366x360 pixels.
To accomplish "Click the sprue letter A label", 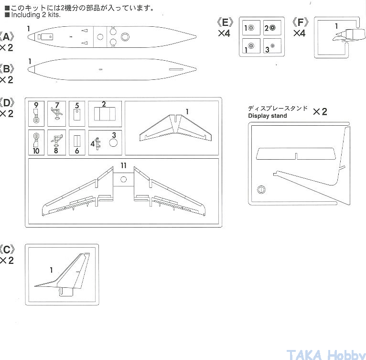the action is tap(7, 37).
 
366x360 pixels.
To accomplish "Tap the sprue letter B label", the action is tap(7, 69).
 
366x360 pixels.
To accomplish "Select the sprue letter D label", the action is tap(7, 103).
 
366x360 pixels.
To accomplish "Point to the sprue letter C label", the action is tap(7, 250).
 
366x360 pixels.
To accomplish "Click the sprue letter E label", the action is tap(225, 22).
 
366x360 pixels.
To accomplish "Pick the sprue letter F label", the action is tap(301, 22).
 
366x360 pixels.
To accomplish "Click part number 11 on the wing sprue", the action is tap(123, 165).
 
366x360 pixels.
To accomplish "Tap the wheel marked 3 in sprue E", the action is tap(272, 46).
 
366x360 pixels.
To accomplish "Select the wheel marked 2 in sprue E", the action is tap(272, 28).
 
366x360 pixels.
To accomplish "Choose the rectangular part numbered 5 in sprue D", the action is tap(77, 115).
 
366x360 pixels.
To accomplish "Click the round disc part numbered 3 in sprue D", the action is tap(113, 143).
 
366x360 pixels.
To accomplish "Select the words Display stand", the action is tap(268, 116).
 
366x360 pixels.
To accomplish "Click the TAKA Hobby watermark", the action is tap(326, 355).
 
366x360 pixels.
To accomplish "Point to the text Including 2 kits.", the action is tap(36, 15).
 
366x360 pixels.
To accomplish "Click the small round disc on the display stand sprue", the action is tap(261, 189).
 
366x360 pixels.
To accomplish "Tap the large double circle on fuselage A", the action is tap(125, 37).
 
